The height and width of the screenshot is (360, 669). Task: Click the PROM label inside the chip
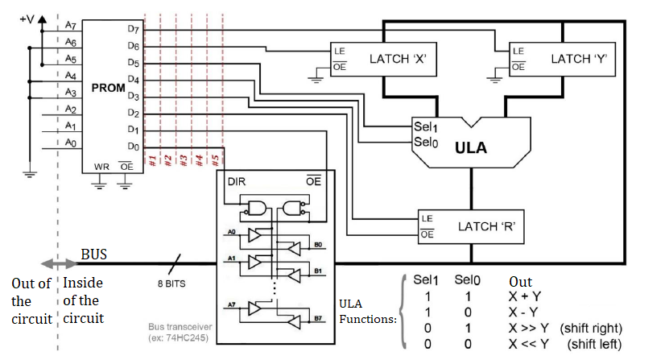point(108,87)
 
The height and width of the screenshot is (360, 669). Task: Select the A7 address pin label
point(71,27)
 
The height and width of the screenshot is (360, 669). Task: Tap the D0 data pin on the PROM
point(133,147)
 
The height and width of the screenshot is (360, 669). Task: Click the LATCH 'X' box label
point(397,59)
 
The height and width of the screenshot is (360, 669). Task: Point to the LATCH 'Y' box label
point(578,59)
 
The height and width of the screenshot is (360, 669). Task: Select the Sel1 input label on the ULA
point(424,127)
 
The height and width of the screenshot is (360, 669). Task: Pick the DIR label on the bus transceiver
point(236,181)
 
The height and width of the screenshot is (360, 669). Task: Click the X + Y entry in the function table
point(525,296)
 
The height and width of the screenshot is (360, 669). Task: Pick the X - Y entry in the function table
point(525,312)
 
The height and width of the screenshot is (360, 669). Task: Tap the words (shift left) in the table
point(598,344)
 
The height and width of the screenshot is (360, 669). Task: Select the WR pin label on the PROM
point(101,167)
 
